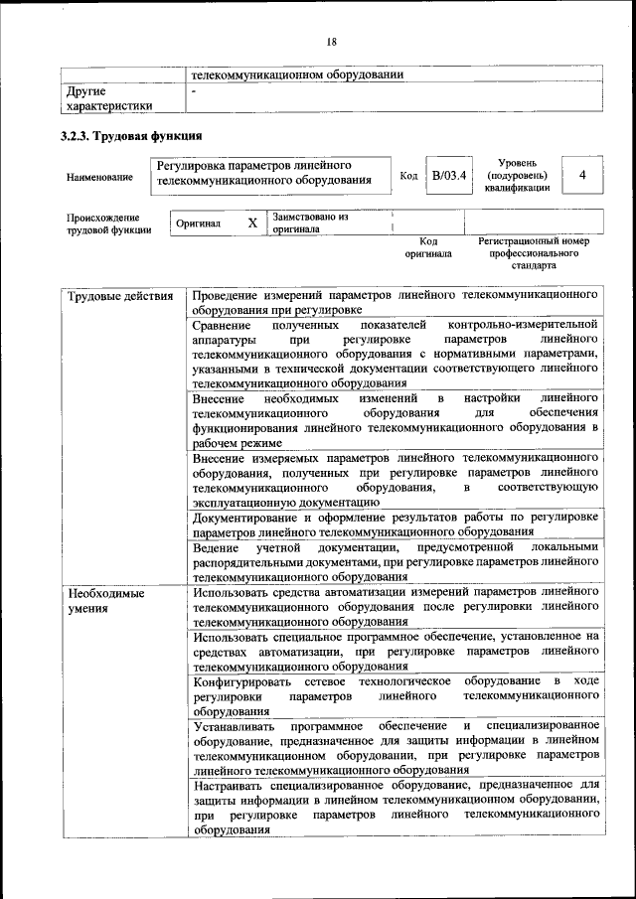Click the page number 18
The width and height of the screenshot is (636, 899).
coord(331,41)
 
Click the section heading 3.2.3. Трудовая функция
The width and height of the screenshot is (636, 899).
coord(131,136)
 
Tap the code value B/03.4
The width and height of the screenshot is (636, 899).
coord(449,176)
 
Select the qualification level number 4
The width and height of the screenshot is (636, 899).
coord(581,176)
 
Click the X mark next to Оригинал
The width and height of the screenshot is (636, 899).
coord(252,225)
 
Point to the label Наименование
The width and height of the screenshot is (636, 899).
coord(99,177)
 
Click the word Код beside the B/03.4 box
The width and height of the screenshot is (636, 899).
coord(408,176)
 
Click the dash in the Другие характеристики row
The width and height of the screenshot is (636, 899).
coord(195,91)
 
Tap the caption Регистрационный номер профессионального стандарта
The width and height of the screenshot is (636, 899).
coord(534,253)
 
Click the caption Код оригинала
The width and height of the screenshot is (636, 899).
coord(428,247)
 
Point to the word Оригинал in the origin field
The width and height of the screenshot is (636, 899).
coord(198,225)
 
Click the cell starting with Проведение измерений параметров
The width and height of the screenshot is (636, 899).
coord(396,303)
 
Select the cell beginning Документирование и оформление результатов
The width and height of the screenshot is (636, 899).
coord(396,524)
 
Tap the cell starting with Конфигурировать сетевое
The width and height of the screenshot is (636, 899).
coord(396,695)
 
